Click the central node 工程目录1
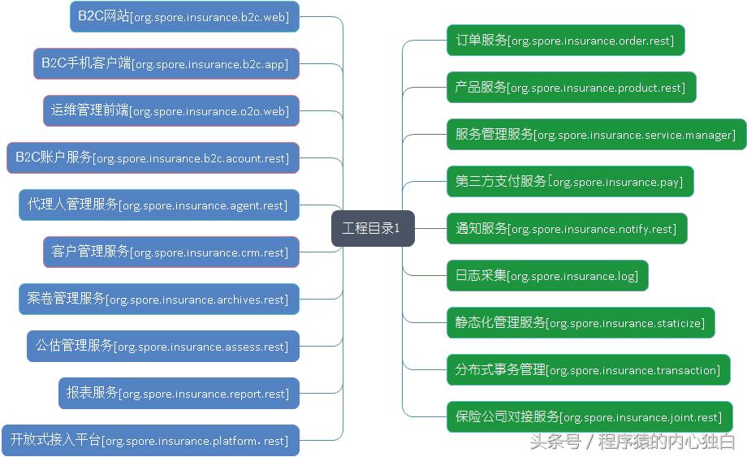tap(373, 228)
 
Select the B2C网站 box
tap(184, 16)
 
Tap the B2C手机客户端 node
tap(166, 63)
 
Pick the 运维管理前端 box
tap(171, 110)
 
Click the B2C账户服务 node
tap(153, 157)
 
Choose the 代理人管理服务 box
tap(158, 205)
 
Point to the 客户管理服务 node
tap(171, 252)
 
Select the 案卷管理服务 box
tap(158, 299)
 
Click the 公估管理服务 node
tap(162, 346)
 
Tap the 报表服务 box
tap(179, 393)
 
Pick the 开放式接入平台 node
tap(150, 440)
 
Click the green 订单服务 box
tap(565, 40)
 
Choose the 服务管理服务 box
tap(596, 134)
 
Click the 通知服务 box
tap(566, 228)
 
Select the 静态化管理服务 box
tap(580, 322)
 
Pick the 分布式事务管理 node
tap(588, 369)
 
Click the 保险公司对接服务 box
tap(589, 416)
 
